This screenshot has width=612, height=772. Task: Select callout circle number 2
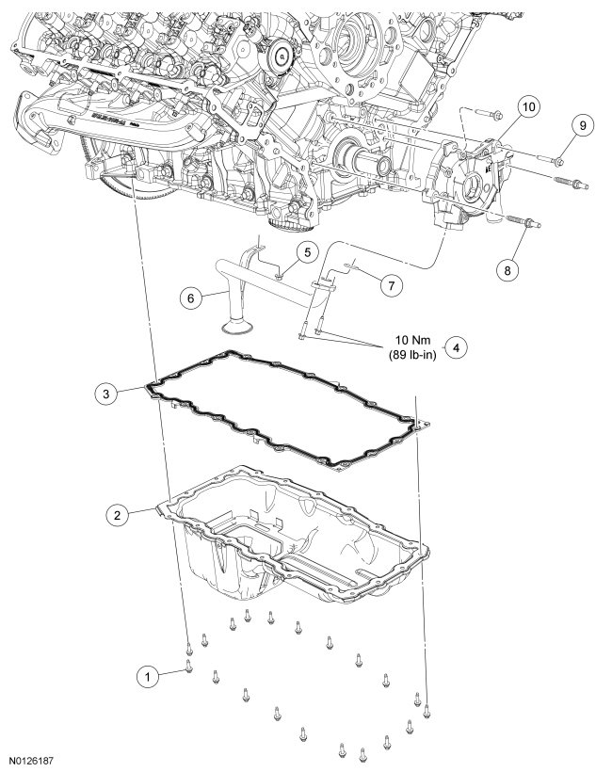point(117,514)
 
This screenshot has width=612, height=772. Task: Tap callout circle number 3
point(108,394)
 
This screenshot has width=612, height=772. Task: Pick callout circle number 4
point(455,347)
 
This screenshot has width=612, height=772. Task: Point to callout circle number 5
point(305,251)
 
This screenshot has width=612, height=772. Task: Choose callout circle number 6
point(190,297)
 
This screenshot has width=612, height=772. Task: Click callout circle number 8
point(507,269)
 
